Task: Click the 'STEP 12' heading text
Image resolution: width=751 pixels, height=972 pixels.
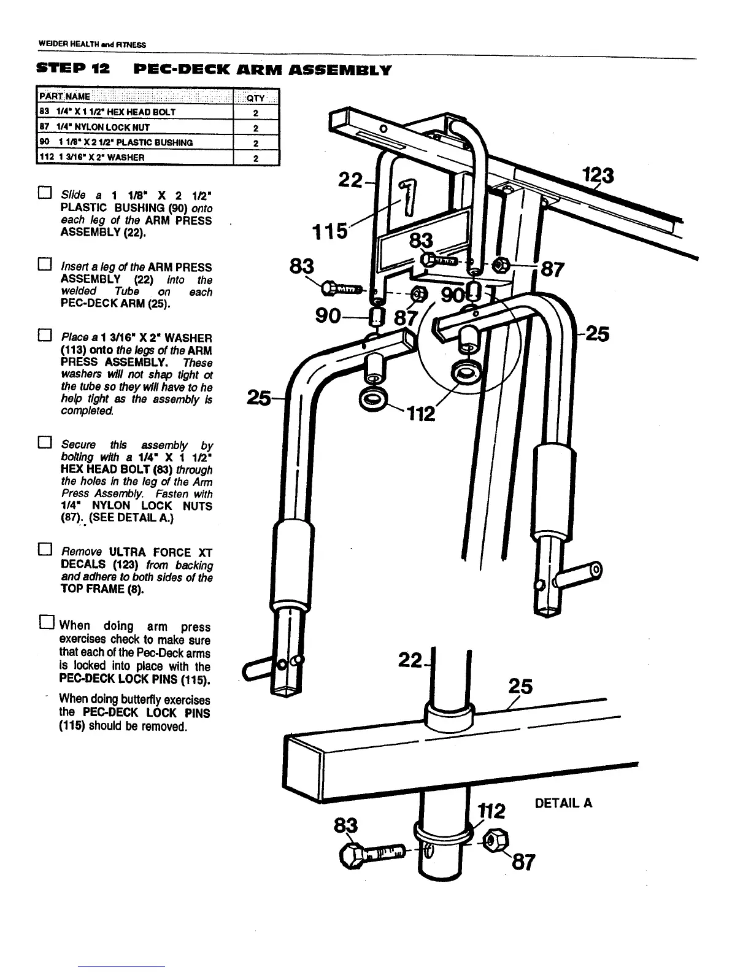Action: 73,69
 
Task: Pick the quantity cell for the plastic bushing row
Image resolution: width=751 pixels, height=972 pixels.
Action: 256,142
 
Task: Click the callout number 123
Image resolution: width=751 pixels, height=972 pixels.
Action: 598,177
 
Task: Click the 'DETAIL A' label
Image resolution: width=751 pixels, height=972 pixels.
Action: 563,803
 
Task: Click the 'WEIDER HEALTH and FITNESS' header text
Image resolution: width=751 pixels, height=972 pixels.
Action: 92,44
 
